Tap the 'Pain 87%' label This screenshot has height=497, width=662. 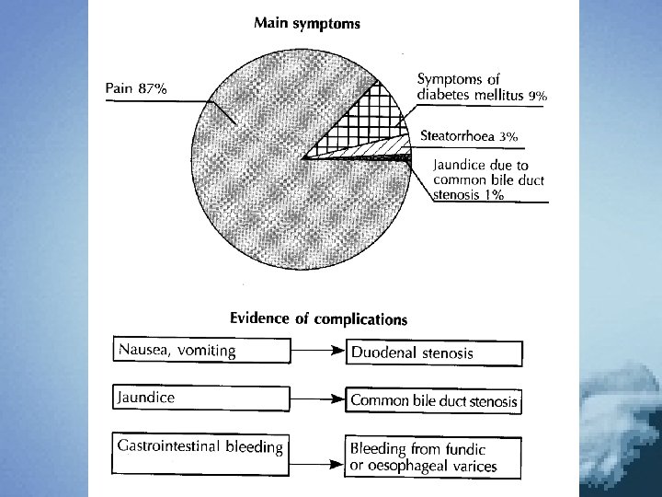coord(136,88)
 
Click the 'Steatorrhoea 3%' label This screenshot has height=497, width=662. coord(469,135)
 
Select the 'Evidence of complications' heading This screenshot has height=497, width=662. coord(318,319)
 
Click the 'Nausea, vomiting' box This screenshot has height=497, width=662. coord(198,351)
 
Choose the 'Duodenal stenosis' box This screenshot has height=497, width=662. coord(434,353)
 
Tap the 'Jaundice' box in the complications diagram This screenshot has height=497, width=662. coord(198,399)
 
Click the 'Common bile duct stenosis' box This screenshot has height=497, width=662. coord(434,401)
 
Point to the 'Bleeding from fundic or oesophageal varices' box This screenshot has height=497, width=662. coord(434,457)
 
